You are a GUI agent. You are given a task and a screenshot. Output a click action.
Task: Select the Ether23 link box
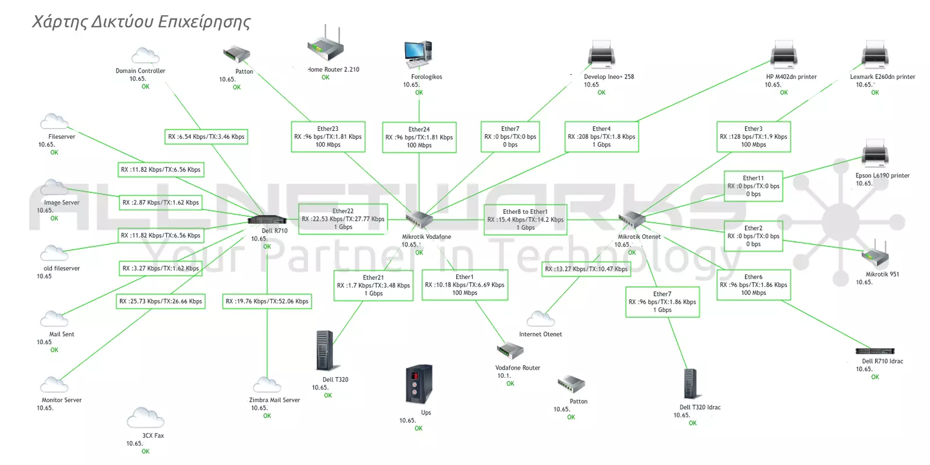tap(328, 137)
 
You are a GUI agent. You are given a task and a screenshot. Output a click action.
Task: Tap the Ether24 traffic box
tap(419, 137)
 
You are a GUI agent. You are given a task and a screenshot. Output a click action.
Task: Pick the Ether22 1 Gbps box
tap(343, 219)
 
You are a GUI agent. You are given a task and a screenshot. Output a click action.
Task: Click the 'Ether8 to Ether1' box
tap(525, 220)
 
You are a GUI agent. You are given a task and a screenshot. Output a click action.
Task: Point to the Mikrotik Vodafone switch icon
tap(419, 220)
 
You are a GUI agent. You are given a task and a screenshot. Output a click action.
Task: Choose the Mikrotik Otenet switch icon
tap(632, 220)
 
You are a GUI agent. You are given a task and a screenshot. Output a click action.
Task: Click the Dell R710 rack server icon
tap(267, 220)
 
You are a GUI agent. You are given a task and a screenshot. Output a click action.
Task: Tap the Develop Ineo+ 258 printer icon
tap(601, 55)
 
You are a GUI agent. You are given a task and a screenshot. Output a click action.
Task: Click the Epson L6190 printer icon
tap(875, 154)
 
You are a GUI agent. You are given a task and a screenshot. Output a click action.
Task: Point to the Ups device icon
tap(419, 384)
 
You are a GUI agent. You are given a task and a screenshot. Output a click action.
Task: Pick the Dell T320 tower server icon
tap(324, 350)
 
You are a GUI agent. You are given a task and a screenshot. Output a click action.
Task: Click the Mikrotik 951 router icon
tap(874, 254)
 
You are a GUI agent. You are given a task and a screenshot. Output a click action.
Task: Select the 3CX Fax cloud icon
tap(145, 418)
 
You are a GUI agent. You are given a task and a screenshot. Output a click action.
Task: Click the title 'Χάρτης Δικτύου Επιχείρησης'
tap(141, 22)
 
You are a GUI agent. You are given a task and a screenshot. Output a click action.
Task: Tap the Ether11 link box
tap(753, 186)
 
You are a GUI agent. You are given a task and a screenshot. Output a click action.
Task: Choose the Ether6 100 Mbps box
tap(753, 285)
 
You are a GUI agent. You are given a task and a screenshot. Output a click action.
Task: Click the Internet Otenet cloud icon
tap(540, 319)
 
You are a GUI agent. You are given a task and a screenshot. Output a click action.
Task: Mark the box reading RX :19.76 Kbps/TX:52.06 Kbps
tap(267, 301)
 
